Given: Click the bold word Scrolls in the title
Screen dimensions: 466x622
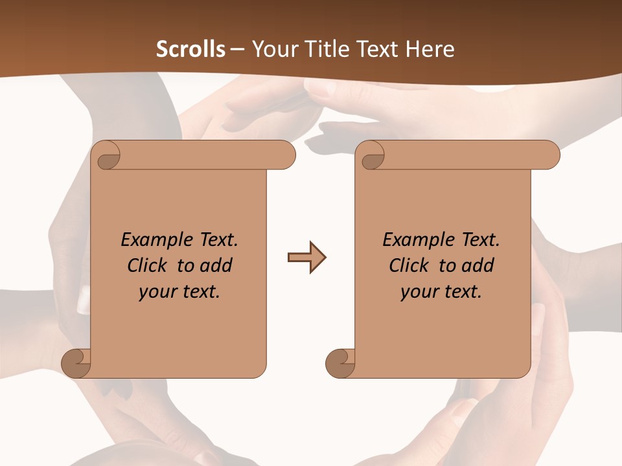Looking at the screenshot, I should tap(190, 49).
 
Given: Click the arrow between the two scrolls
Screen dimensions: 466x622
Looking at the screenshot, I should tap(306, 258).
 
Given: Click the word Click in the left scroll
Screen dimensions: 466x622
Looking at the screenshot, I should tap(148, 265).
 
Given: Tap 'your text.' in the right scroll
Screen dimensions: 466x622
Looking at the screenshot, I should tap(441, 292).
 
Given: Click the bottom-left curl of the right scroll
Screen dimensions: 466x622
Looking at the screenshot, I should tap(340, 362).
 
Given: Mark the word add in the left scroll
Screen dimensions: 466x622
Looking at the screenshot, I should tap(217, 265).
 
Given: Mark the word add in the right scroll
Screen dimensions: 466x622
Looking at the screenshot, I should tap(479, 265).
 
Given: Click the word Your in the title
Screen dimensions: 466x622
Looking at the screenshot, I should tap(274, 49).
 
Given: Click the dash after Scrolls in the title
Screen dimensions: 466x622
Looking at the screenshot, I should tap(236, 49).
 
